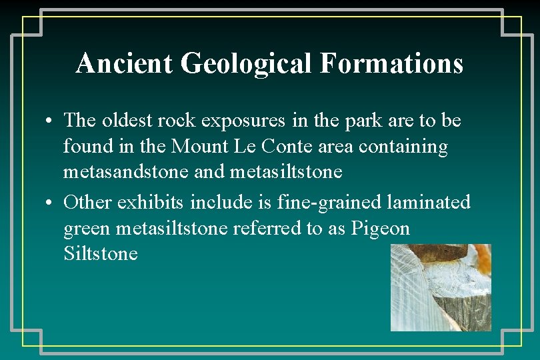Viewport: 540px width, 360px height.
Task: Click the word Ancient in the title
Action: (125, 64)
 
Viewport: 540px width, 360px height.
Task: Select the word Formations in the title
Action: (391, 64)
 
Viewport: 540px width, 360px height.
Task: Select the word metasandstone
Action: (125, 172)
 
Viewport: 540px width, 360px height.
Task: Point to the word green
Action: (87, 229)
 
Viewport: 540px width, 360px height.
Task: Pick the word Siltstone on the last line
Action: (100, 254)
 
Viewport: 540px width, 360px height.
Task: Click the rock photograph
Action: (441, 287)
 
